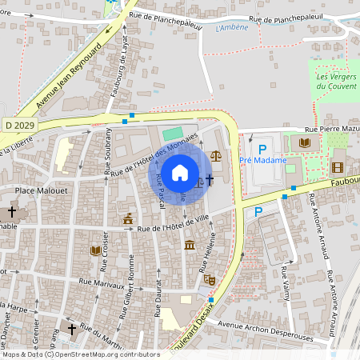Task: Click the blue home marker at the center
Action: (x=180, y=173)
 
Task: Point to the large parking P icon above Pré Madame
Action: (x=261, y=148)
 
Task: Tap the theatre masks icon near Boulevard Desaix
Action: (x=210, y=279)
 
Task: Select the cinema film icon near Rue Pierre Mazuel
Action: (x=337, y=167)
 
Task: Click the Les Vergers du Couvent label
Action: (x=334, y=82)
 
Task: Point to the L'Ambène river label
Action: (x=232, y=28)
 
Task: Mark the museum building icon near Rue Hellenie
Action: (x=189, y=245)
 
